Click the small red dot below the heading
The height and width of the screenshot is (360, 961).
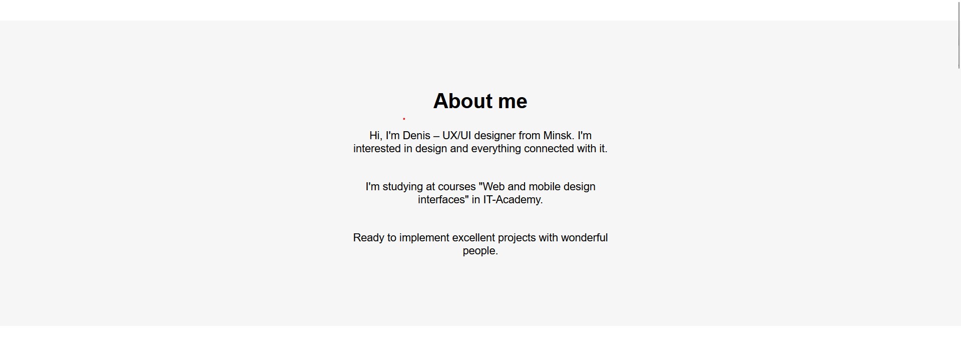(404, 119)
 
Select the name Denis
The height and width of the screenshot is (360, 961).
(416, 136)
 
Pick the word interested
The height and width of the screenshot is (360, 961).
(377, 149)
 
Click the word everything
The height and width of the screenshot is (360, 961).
(496, 149)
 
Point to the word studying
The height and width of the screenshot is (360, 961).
(403, 187)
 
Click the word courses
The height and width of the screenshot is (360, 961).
(457, 187)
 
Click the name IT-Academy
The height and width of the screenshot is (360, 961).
(513, 200)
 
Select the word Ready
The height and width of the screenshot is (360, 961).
(368, 238)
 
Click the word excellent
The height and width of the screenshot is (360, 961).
(473, 238)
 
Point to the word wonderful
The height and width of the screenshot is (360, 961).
(584, 238)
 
